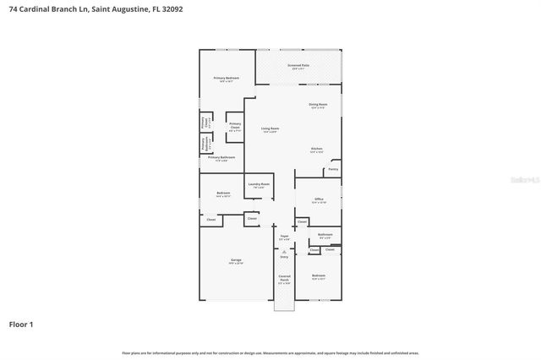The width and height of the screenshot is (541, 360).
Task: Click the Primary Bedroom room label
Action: tap(227, 79)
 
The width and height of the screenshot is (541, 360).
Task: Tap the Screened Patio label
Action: tap(298, 65)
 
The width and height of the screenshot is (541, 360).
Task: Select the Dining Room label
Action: tap(319, 104)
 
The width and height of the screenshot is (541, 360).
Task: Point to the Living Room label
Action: tap(270, 128)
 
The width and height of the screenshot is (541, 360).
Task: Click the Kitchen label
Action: tap(316, 149)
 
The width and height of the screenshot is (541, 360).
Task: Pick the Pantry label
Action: tap(333, 169)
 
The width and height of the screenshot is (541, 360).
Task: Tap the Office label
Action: tap(318, 199)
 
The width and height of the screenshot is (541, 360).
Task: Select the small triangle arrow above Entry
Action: tap(284, 250)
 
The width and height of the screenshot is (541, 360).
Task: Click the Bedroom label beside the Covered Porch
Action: tap(318, 275)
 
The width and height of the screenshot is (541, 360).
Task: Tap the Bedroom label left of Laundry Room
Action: tap(223, 193)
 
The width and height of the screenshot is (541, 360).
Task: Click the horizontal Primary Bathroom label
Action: tap(221, 157)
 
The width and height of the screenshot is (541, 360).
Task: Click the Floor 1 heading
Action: tap(21, 324)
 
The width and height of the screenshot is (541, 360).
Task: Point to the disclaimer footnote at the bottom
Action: tap(270, 352)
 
